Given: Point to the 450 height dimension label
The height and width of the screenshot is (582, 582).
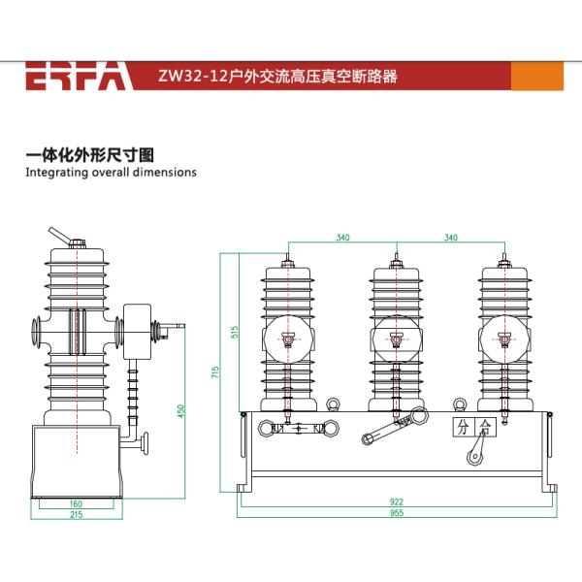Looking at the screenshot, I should point(179,411).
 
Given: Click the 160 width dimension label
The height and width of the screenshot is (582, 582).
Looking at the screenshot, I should point(76,503).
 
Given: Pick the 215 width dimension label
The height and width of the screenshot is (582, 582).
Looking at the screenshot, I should point(76,515).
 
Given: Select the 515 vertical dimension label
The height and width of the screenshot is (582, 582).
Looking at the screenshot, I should point(234,330).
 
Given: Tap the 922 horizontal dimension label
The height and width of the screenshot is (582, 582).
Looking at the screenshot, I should point(396,502).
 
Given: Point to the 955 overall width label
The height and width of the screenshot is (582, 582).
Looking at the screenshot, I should point(396,515).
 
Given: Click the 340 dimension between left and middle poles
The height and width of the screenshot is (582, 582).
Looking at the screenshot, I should point(342,238).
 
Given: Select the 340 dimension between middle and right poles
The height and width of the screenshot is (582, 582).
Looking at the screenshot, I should point(450,238).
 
